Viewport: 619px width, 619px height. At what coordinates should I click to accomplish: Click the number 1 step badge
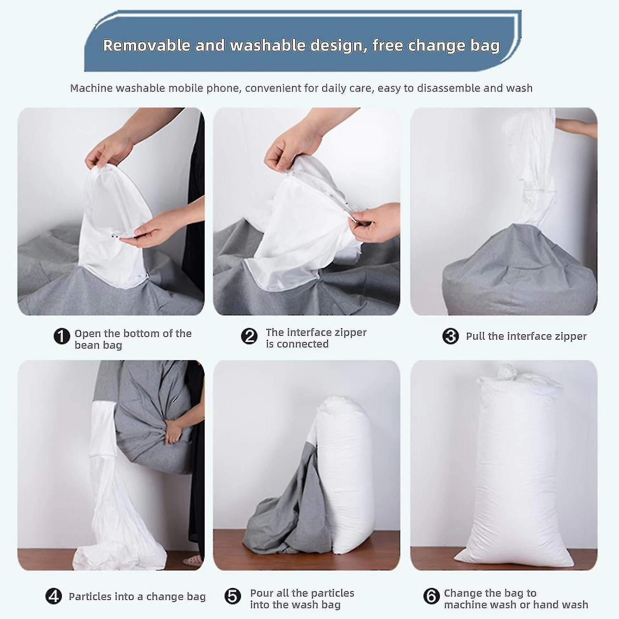[x=61, y=336]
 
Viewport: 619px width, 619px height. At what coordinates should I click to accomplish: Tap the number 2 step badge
[x=249, y=336]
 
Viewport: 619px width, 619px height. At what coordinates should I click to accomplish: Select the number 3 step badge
[x=451, y=336]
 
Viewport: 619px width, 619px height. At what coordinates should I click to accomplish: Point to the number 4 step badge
[x=54, y=596]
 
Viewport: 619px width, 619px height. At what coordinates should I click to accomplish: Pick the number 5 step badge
[x=233, y=596]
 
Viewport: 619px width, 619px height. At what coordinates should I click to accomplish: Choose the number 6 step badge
[x=432, y=596]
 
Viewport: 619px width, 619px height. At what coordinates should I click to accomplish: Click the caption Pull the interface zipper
[x=526, y=337]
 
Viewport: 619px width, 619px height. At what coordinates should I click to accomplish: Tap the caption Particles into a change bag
[x=137, y=597]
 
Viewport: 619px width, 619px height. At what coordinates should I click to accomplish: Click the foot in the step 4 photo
[x=193, y=560]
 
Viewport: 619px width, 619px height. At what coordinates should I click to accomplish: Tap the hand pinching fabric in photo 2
[x=373, y=223]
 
